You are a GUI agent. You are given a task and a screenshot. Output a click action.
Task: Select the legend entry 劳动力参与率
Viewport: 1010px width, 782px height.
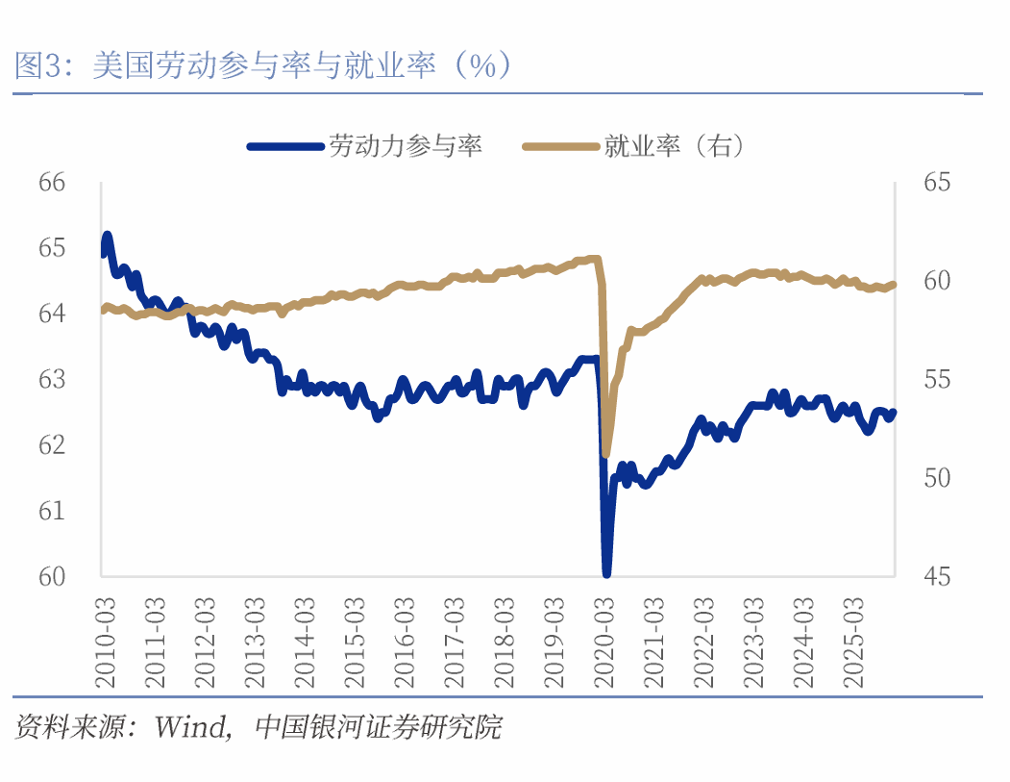[404, 146]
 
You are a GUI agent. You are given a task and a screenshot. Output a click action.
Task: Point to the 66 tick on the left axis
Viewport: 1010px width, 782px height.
[52, 182]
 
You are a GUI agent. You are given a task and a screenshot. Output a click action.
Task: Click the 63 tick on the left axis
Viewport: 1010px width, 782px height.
[52, 379]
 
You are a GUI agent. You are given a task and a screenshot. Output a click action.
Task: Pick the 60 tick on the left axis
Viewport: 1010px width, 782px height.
[52, 576]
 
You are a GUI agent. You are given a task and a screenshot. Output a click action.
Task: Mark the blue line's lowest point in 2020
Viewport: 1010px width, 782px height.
[607, 573]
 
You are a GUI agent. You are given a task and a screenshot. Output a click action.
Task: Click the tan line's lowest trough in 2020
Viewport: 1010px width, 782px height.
[605, 453]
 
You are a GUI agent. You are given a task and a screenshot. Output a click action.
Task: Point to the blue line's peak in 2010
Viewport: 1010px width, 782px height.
[107, 236]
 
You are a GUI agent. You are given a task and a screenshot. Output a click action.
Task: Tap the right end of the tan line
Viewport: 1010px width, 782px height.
[894, 284]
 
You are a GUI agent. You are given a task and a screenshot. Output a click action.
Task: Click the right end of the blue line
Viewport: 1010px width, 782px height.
[894, 412]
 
